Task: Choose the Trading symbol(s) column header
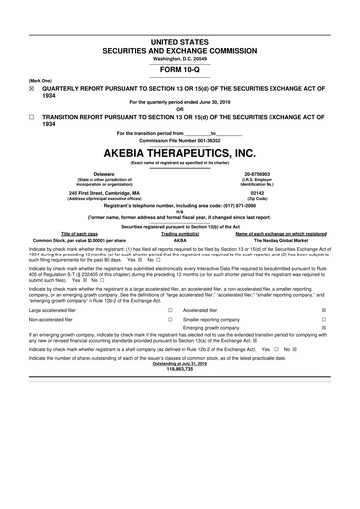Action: pos(181,233)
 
